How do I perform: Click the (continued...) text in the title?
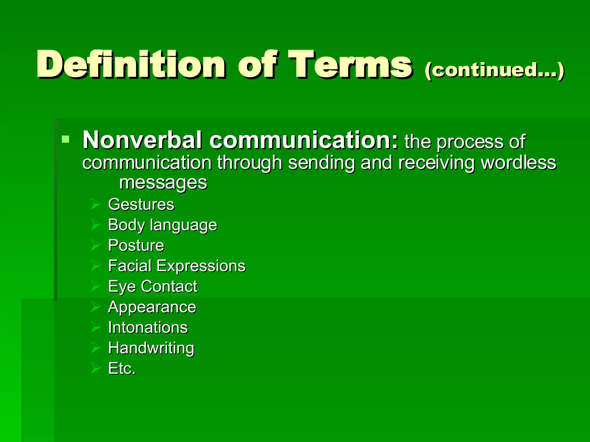click(494, 70)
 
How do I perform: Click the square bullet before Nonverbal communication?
click(66, 140)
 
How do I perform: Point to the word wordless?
click(518, 163)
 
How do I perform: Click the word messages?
click(163, 182)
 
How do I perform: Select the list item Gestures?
click(141, 205)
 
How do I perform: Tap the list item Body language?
click(162, 225)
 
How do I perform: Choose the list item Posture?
click(136, 245)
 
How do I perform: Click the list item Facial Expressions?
click(177, 266)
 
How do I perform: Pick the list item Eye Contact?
click(153, 287)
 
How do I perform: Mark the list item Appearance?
click(152, 307)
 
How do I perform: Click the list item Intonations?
click(148, 327)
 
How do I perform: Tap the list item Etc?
click(122, 369)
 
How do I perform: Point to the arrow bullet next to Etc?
click(95, 368)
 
